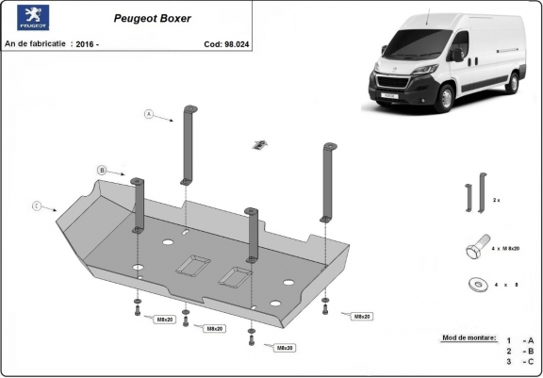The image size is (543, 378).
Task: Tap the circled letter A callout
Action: (149, 114)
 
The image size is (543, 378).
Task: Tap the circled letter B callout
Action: (101, 170)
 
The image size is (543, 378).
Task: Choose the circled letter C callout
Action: (36, 205)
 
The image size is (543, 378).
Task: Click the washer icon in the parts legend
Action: (473, 283)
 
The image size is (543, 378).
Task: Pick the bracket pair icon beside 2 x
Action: (471, 199)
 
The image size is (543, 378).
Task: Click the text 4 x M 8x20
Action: (507, 249)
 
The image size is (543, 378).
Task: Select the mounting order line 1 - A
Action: (518, 339)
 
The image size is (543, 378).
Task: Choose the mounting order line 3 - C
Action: (518, 361)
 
